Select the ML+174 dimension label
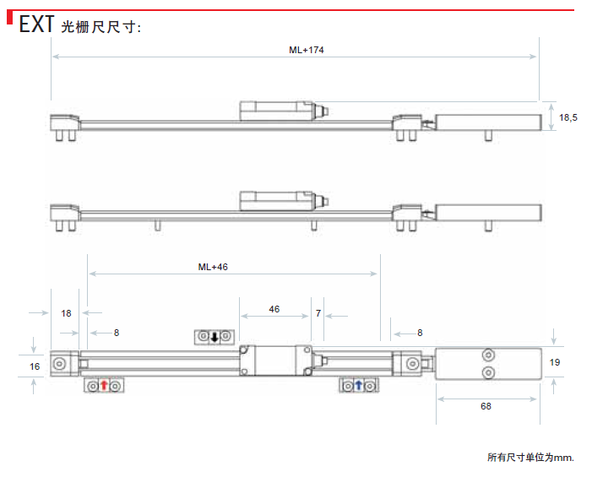307,50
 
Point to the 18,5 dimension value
568,117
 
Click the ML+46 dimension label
213,267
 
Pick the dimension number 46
274,310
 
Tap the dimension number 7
318,313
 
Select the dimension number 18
66,313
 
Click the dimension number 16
34,366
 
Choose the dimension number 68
486,406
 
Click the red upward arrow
104,386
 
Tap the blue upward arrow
358,386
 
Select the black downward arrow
214,338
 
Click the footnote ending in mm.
530,457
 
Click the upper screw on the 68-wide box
487,355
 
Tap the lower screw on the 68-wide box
487,372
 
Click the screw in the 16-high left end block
62,364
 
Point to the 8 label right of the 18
117,333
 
